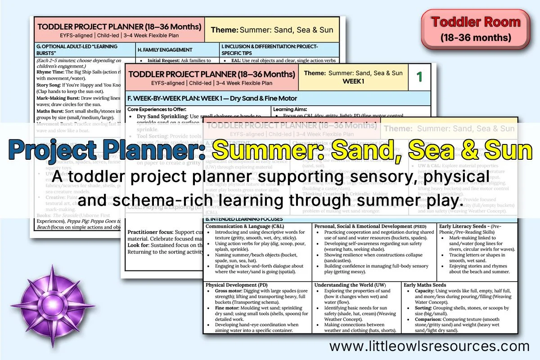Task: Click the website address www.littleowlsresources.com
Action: tap(429, 346)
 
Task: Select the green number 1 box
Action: tap(419, 77)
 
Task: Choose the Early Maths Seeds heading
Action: tap(425, 285)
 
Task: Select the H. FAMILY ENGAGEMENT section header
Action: tap(165, 50)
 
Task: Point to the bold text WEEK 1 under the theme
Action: tap(354, 81)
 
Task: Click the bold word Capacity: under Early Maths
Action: tap(425, 291)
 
